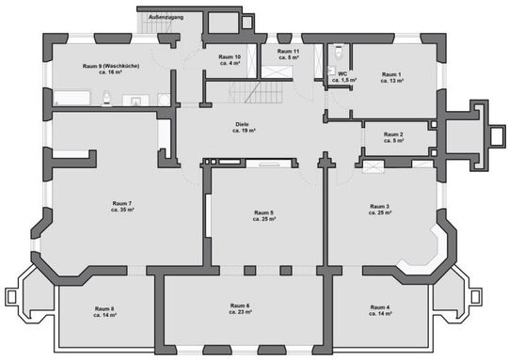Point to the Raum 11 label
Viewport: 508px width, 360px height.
[282, 52]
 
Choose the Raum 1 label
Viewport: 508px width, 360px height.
[391, 74]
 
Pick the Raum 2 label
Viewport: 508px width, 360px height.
[393, 134]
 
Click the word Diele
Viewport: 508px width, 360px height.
[245, 124]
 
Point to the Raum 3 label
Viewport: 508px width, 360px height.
[380, 206]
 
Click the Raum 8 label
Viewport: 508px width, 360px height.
[103, 308]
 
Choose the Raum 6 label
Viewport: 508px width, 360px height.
[240, 305]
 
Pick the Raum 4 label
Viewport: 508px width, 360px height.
[380, 307]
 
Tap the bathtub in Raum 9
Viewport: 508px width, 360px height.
[71, 96]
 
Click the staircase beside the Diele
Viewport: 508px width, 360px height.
[257, 94]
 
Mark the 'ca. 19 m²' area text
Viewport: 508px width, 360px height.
[245, 132]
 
